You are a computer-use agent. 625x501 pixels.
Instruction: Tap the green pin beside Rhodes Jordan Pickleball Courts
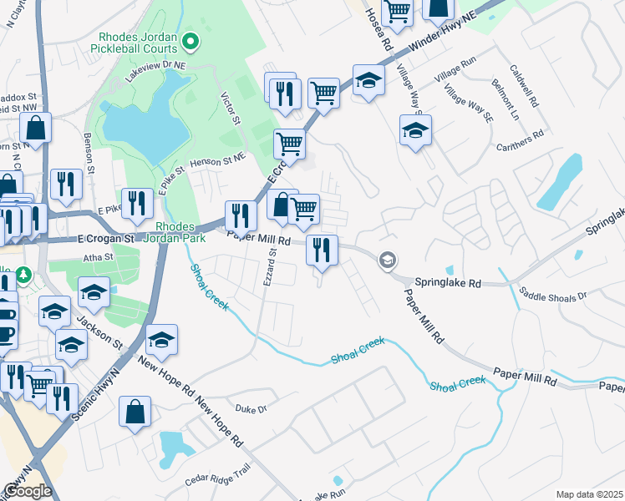[191, 39]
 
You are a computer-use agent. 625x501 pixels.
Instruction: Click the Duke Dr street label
[251, 409]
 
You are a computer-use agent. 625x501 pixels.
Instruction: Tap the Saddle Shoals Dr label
[553, 294]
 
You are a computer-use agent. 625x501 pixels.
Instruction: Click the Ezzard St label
[270, 273]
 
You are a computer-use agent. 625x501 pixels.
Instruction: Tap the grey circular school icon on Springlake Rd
[387, 261]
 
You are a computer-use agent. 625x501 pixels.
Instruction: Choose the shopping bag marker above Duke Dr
[135, 412]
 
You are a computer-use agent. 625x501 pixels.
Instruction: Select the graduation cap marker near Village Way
[415, 130]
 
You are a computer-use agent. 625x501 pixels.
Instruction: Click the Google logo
[28, 490]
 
